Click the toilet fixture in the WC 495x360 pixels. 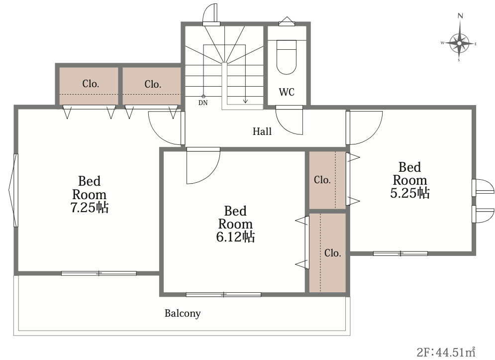click(287, 57)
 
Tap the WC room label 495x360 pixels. click(287, 92)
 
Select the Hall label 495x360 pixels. click(262, 131)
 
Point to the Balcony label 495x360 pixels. click(183, 313)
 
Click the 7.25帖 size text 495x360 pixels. click(90, 207)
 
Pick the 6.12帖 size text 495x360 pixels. click(235, 237)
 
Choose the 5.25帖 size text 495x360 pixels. click(410, 193)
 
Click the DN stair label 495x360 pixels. click(203, 103)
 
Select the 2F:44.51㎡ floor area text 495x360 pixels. click(446, 352)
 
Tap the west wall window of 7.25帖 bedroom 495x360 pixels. click(13, 190)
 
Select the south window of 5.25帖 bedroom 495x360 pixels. click(400, 253)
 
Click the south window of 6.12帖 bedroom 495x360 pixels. click(223, 295)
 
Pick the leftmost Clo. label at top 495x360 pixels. click(91, 84)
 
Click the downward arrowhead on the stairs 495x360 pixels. click(245, 101)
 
